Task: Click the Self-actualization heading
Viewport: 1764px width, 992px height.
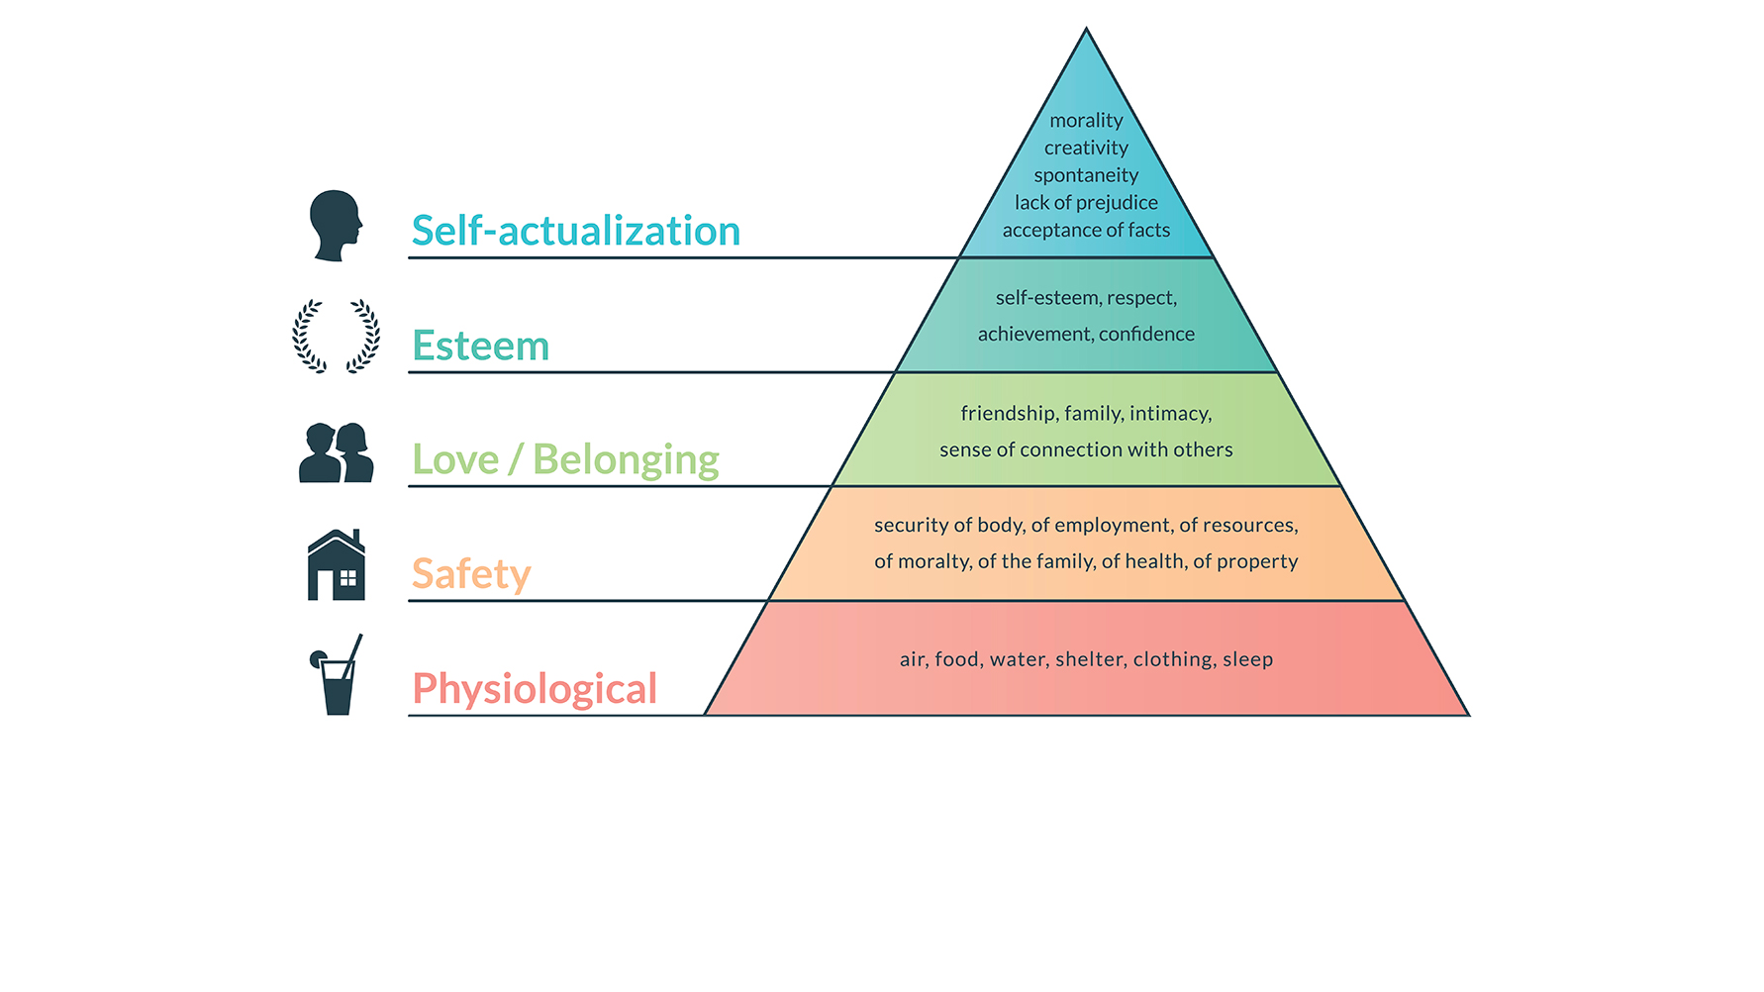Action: click(575, 231)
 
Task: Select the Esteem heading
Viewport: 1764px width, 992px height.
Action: click(480, 346)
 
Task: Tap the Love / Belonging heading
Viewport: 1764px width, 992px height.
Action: click(565, 459)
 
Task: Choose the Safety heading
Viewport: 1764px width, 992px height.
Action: click(471, 574)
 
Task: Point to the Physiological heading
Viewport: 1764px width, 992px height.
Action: click(535, 689)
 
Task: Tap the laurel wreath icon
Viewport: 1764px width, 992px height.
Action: click(336, 336)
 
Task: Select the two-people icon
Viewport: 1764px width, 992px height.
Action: click(337, 453)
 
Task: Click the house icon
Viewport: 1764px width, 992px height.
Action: click(337, 565)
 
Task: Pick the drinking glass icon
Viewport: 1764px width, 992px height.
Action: click(337, 676)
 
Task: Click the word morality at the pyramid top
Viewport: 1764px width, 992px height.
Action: click(1086, 121)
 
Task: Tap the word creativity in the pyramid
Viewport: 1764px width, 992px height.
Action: click(1086, 149)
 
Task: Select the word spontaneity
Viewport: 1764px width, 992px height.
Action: click(1086, 175)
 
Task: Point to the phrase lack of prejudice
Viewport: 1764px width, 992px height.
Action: click(1086, 203)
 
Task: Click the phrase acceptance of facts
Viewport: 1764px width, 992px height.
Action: click(1086, 231)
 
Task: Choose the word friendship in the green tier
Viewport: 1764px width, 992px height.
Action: click(1007, 414)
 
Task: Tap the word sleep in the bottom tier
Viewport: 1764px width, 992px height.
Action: click(1247, 659)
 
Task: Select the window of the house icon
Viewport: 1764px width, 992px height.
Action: click(347, 579)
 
